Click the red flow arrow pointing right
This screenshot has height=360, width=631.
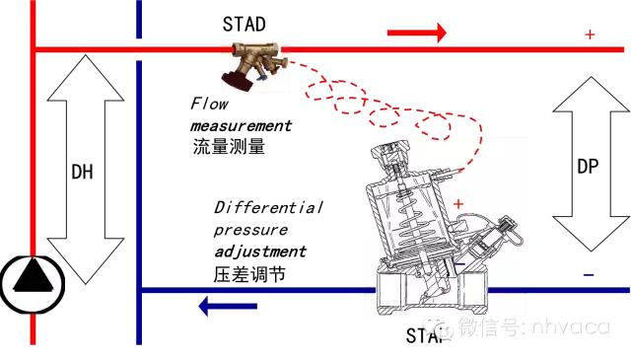(417, 35)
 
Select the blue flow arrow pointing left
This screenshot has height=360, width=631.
(229, 308)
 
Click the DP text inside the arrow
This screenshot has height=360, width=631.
(589, 167)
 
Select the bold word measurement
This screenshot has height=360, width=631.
(242, 126)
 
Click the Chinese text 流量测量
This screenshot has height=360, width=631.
(230, 146)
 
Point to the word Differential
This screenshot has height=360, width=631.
(268, 208)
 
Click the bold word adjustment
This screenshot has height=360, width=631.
(261, 251)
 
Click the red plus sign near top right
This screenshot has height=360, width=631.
(590, 35)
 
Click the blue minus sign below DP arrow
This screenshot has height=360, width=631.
(589, 274)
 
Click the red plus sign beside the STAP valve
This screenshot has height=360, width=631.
(458, 203)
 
